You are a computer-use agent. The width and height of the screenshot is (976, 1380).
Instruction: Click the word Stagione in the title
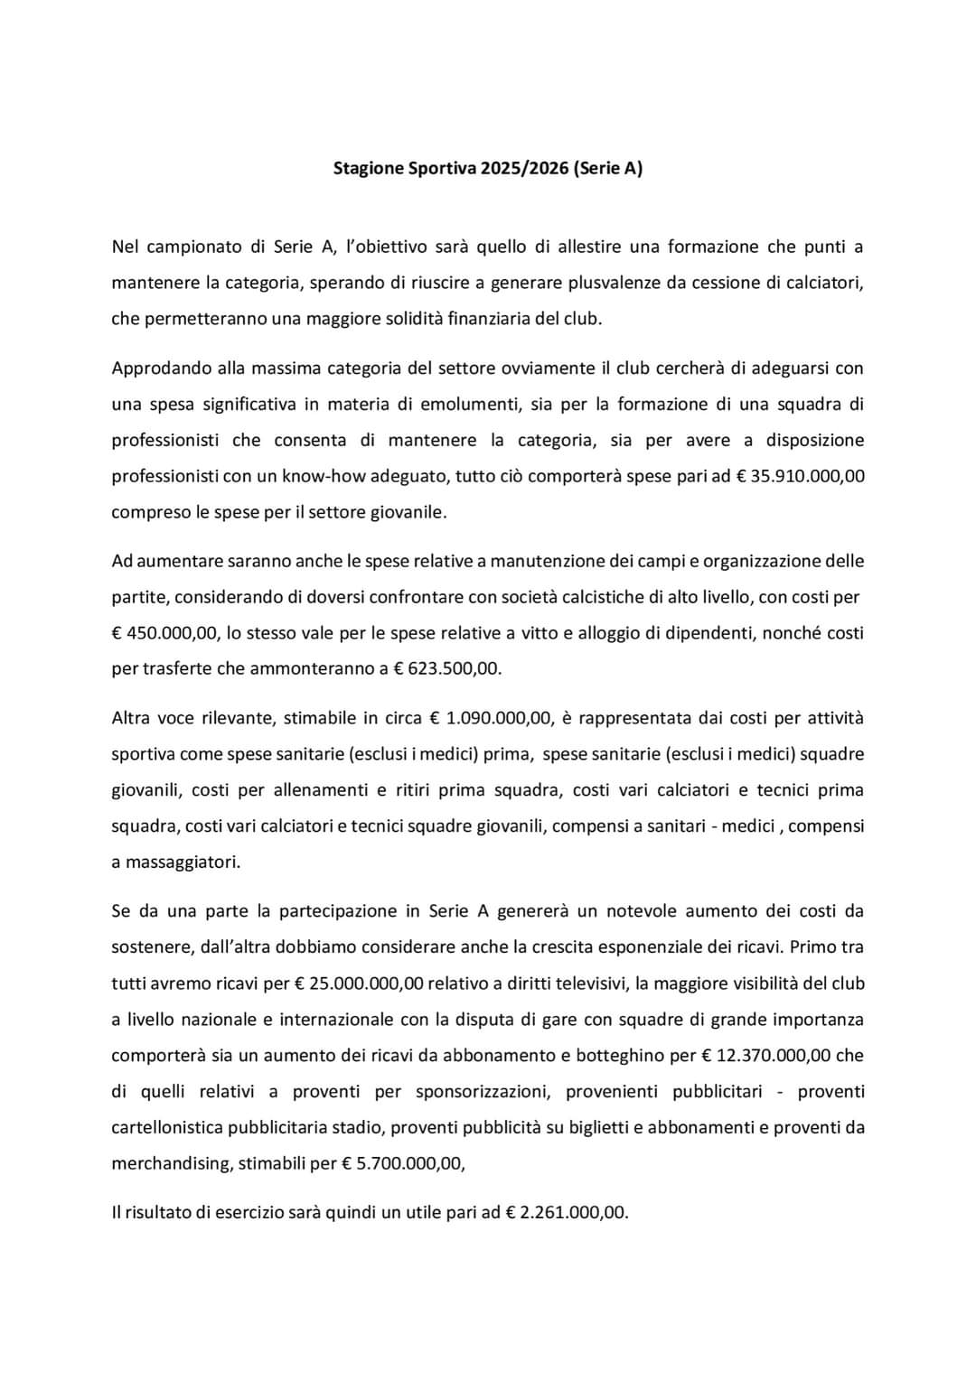tap(367, 168)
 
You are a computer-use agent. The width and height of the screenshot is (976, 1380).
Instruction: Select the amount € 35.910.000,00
tap(794, 476)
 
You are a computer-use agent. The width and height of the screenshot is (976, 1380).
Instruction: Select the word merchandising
tap(170, 1163)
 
